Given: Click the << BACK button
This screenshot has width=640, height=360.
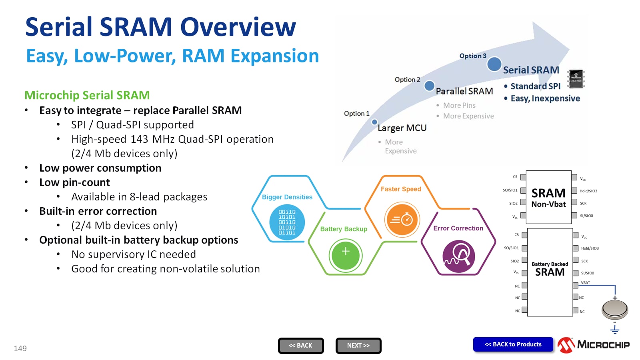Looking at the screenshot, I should (x=301, y=346).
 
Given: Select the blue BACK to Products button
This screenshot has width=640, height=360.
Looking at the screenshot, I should (x=513, y=344).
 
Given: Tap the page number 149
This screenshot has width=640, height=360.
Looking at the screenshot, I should (x=20, y=348).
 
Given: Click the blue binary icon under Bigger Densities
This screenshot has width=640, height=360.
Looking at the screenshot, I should (x=287, y=222).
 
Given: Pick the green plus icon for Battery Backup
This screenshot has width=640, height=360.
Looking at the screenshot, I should (x=346, y=256).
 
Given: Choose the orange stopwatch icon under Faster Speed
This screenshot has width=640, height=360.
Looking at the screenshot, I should (x=402, y=220).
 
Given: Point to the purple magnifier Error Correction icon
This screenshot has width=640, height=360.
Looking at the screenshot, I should (x=459, y=256).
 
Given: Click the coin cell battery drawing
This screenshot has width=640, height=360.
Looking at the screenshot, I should (x=615, y=309).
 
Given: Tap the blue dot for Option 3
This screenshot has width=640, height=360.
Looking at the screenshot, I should (x=494, y=64).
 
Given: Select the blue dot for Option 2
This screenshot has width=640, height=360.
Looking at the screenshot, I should (x=429, y=86).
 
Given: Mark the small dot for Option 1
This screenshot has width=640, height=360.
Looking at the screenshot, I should (x=374, y=122).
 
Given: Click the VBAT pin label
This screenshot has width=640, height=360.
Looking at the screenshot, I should (x=585, y=283).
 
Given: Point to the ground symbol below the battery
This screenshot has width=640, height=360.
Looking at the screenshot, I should (x=615, y=329).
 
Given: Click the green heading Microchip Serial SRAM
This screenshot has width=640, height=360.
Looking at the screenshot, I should (x=87, y=95).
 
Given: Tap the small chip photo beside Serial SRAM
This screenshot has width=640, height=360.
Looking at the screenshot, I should (x=576, y=79).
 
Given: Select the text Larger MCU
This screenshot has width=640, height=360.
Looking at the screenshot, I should (x=402, y=128).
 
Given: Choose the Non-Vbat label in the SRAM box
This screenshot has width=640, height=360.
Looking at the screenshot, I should (x=548, y=204).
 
